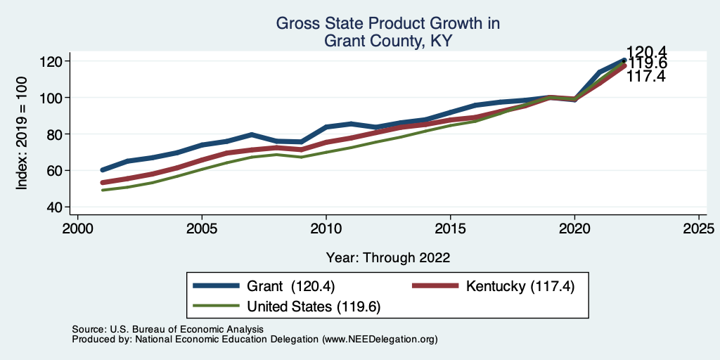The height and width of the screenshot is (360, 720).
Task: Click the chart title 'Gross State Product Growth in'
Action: click(387, 24)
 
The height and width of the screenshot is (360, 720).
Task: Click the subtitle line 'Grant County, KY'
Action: click(387, 41)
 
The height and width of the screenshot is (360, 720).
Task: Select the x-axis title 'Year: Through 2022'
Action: click(387, 257)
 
